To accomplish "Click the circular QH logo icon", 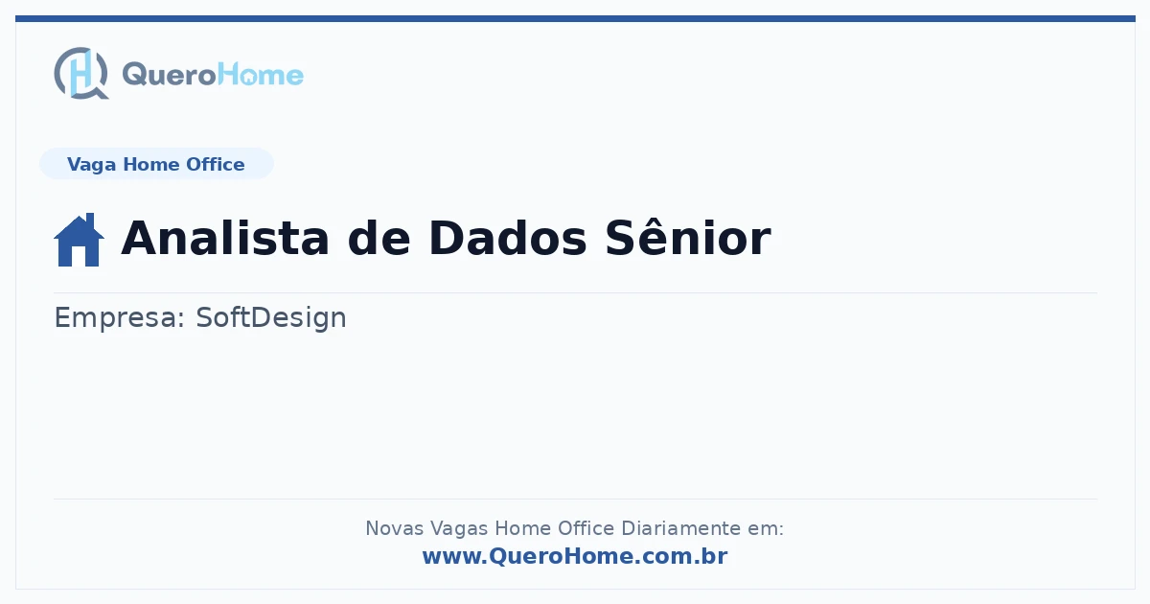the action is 81,73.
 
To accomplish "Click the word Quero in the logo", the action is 170,75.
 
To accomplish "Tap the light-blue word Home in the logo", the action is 261,75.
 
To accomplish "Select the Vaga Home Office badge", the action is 156,164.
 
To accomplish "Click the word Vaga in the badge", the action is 91,165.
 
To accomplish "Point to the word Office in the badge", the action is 215,164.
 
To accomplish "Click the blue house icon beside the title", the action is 79,240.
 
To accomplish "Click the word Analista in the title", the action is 225,238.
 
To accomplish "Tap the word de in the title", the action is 379,238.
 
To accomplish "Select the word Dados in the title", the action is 508,238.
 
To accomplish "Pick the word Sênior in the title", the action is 688,237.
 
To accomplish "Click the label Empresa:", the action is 119,318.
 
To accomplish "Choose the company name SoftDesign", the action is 271,318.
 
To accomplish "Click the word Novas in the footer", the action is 394,528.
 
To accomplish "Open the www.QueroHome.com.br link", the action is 575,556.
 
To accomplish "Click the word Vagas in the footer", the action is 459,529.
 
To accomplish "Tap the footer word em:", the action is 766,528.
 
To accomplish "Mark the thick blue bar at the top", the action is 575,18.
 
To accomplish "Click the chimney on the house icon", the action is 90,221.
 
